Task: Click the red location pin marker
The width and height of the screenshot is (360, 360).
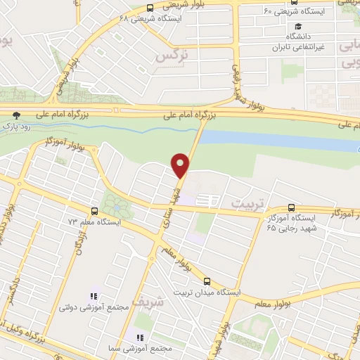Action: pos(181,166)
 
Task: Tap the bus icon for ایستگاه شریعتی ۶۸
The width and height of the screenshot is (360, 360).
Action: pos(150,8)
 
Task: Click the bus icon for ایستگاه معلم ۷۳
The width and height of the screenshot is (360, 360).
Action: pos(94,210)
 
